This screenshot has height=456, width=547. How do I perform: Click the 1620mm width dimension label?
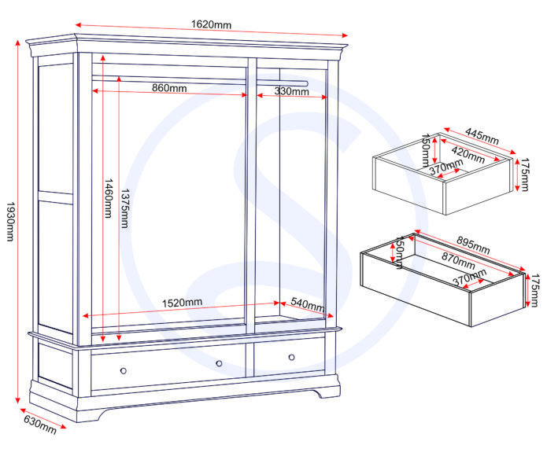pyautogui.click(x=211, y=24)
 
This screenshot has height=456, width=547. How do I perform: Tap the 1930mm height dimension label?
pyautogui.click(x=10, y=221)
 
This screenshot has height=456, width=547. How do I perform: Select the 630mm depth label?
pyautogui.click(x=40, y=425)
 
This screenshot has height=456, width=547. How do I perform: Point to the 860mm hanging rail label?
pyautogui.click(x=169, y=88)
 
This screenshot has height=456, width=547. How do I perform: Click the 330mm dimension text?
pyautogui.click(x=292, y=91)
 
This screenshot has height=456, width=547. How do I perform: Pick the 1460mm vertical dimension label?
pyautogui.click(x=109, y=199)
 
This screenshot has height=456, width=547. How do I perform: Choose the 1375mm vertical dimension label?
pyautogui.click(x=125, y=208)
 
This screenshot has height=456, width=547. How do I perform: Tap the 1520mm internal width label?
pyautogui.click(x=182, y=303)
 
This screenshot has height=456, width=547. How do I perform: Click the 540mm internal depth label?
pyautogui.click(x=308, y=304)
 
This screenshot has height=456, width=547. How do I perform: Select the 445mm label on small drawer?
pyautogui.click(x=482, y=137)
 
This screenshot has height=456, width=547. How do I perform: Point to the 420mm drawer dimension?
pyautogui.click(x=468, y=155)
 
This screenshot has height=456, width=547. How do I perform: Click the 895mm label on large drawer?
pyautogui.click(x=473, y=245)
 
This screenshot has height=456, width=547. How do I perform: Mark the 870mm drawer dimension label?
pyautogui.click(x=458, y=261)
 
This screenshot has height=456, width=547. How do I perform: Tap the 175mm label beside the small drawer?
pyautogui.click(x=525, y=175)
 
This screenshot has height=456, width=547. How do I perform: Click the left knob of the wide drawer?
pyautogui.click(x=123, y=370)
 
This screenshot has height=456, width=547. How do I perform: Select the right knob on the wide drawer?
pyautogui.click(x=219, y=363)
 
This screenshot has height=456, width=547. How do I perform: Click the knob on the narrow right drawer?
pyautogui.click(x=292, y=357)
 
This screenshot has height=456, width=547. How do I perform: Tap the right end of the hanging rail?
pyautogui.click(x=307, y=83)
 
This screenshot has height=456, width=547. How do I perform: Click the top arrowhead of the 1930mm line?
pyautogui.click(x=18, y=42)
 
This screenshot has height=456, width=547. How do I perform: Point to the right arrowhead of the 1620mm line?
pyautogui.click(x=345, y=35)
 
